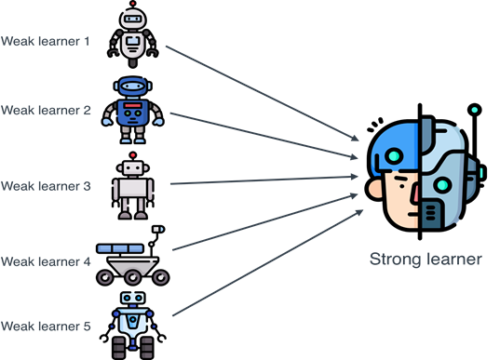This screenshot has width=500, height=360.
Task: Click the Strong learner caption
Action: tap(426, 260)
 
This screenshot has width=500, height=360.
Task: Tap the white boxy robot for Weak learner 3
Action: tap(133, 186)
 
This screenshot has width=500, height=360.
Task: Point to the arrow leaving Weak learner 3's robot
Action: tap(261, 180)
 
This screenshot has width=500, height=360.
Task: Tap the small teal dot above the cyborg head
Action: tap(474, 110)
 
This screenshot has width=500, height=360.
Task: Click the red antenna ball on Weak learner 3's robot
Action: tap(134, 154)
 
